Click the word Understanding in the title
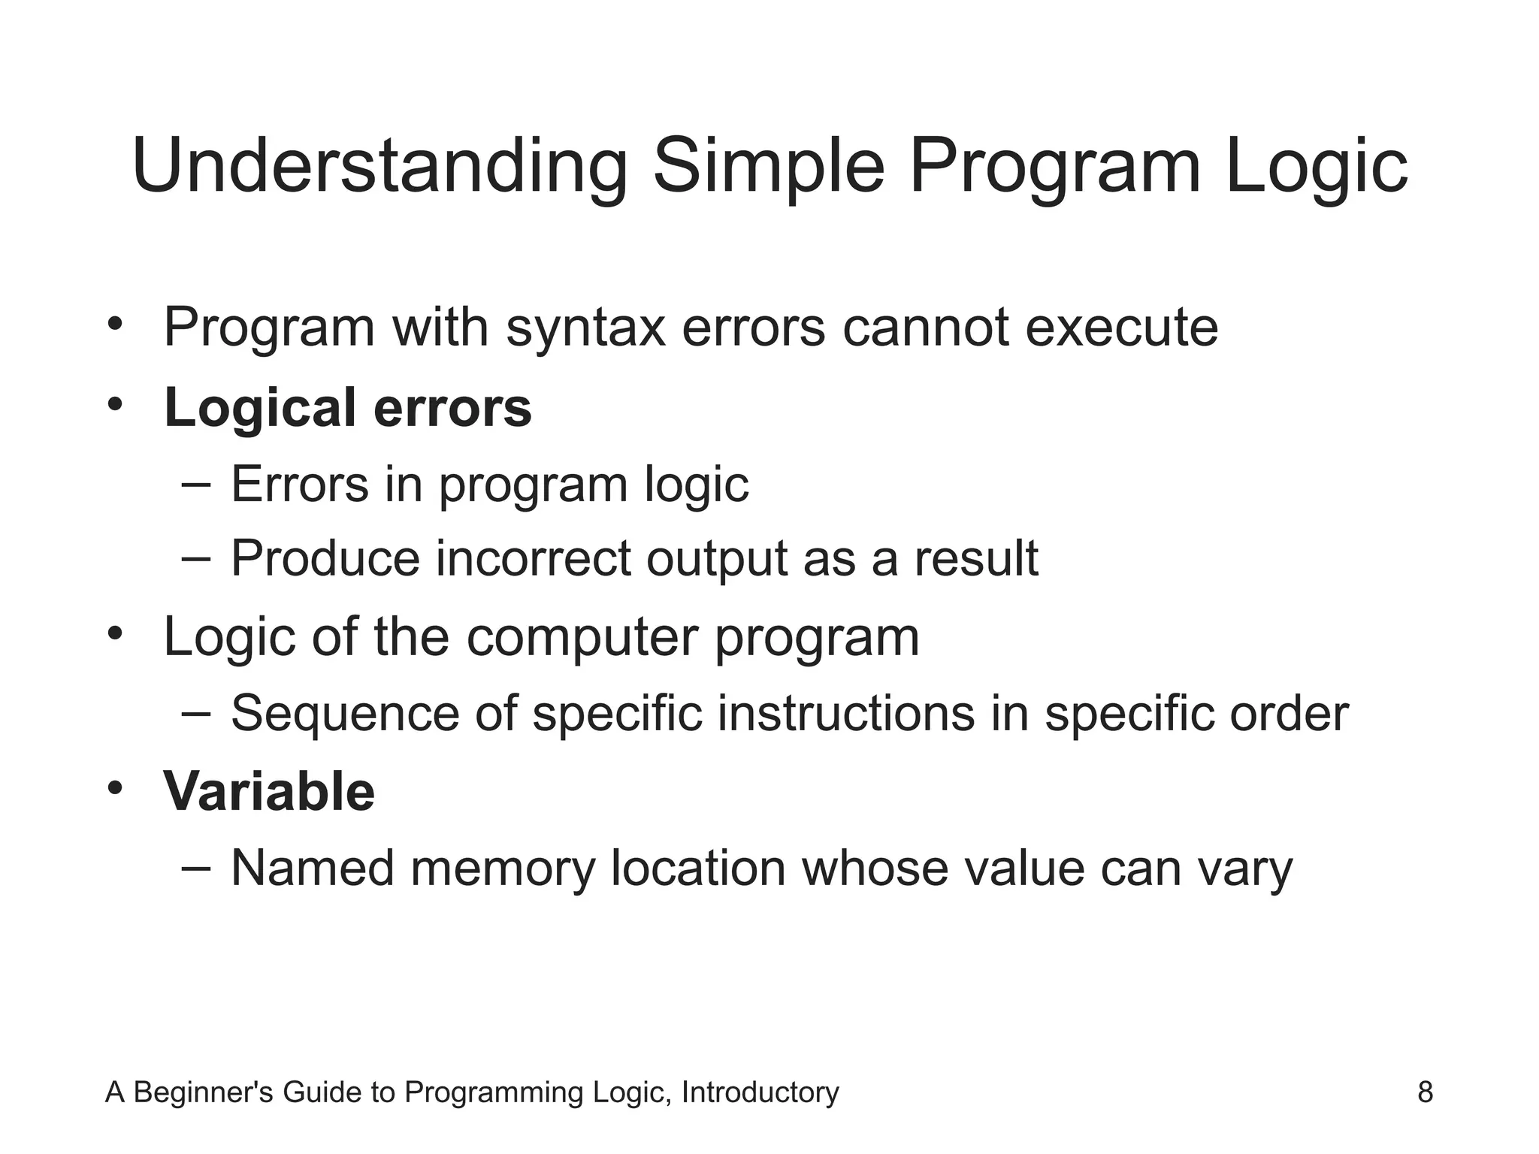coord(379,166)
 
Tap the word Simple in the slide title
coord(769,166)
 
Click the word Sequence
coord(345,713)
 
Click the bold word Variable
coord(269,792)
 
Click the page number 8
coord(1425,1092)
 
